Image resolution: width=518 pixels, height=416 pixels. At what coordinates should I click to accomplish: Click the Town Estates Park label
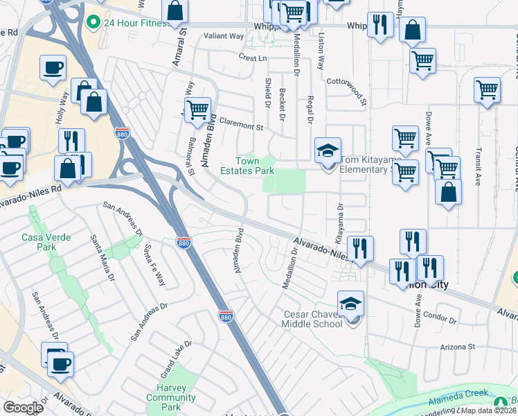[247, 166]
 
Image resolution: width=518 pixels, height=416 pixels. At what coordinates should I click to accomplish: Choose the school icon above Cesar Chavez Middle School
[351, 304]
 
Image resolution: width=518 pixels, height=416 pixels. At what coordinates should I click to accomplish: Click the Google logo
[23, 408]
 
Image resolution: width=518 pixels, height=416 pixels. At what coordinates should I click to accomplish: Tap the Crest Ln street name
[252, 58]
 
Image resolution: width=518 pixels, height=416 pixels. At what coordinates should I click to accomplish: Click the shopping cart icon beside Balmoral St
[198, 109]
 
